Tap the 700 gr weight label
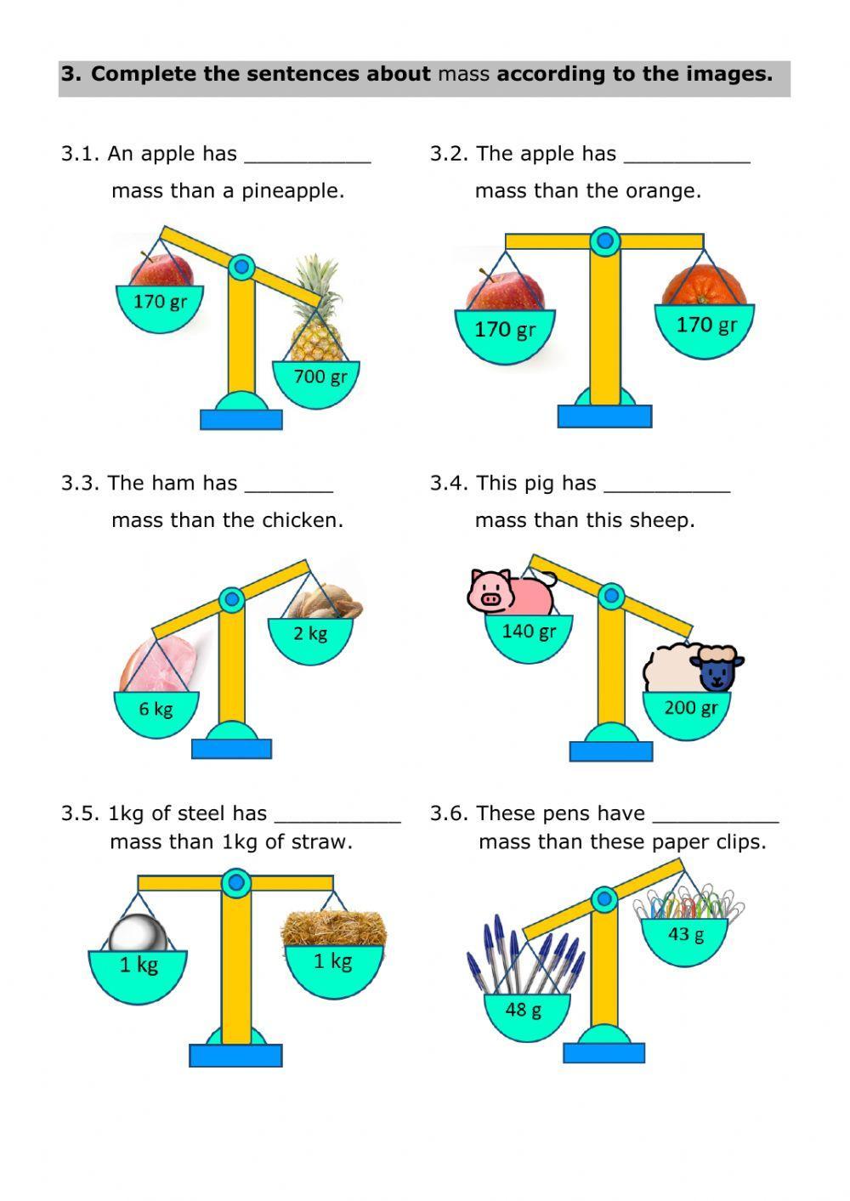pos(320,377)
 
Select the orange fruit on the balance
pos(704,285)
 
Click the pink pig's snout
pos(490,598)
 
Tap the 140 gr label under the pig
pos(529,632)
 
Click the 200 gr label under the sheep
pos(691,708)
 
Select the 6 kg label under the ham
pos(156,709)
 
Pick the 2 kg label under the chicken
pos(310,633)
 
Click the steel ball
pos(138,934)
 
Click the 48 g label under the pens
pos(523,1010)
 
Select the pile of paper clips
pos(688,902)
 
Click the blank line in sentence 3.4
pos(667,491)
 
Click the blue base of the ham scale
pos(232,749)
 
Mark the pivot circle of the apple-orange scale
pos(605,241)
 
